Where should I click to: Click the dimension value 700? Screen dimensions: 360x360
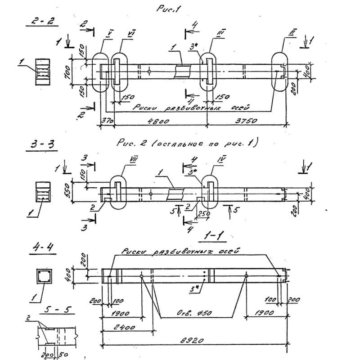67,71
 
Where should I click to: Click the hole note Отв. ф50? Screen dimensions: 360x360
195,313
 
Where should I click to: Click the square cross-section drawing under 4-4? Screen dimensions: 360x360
44,276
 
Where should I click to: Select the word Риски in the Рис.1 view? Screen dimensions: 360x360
145,108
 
